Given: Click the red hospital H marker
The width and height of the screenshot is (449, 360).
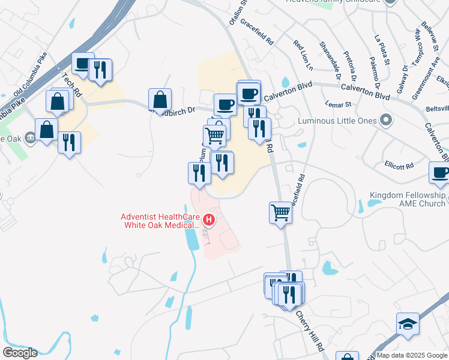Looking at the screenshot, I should [x=209, y=220].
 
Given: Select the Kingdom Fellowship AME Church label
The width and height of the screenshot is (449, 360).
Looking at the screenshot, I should [x=408, y=199].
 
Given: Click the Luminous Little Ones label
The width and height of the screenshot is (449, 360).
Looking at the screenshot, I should [x=337, y=121].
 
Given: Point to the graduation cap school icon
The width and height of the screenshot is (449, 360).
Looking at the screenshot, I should [x=408, y=324].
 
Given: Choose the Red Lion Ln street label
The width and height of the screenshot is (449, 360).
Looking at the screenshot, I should [x=303, y=55].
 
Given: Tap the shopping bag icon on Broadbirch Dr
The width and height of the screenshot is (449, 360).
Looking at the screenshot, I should [x=160, y=99].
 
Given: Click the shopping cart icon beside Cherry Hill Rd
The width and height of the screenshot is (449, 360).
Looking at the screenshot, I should [x=280, y=212].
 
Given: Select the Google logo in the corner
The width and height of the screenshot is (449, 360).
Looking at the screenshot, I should [x=20, y=352].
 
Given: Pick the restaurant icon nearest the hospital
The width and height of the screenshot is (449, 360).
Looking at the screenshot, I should [x=199, y=173].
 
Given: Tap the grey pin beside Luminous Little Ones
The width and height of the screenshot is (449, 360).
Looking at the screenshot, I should [x=387, y=121].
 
